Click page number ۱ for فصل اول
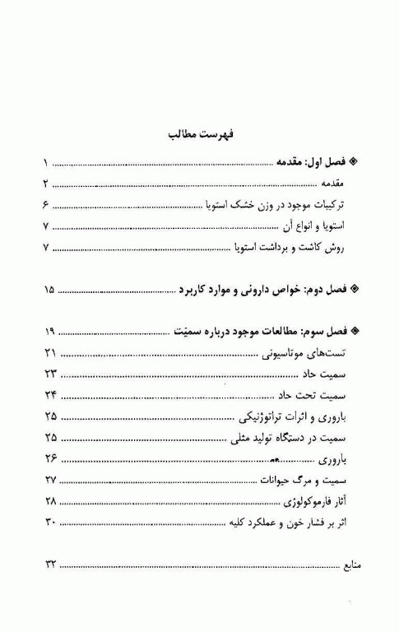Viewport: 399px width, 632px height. (x=46, y=162)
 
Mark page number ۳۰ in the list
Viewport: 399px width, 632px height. (x=49, y=522)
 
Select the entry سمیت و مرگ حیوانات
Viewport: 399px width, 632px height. (x=299, y=480)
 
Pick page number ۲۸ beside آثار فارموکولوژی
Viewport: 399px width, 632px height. (x=49, y=500)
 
